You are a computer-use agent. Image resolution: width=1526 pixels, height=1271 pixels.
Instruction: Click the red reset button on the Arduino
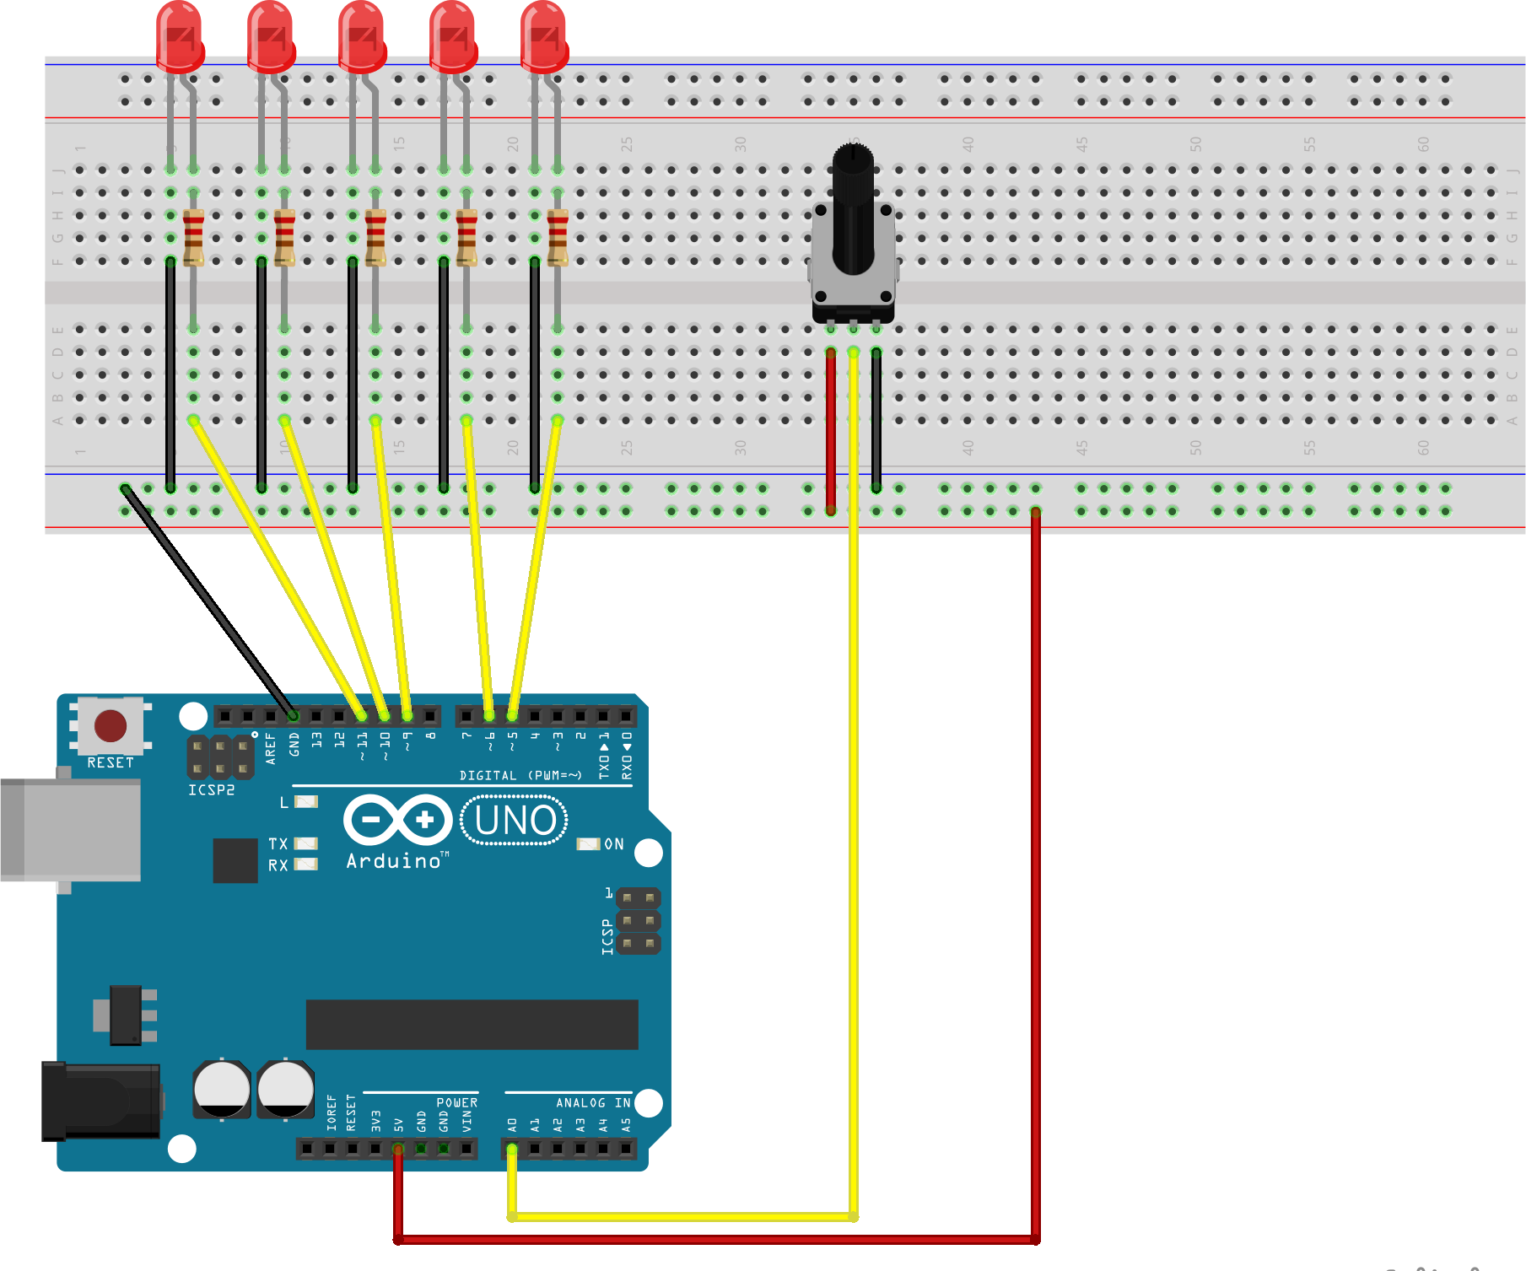coord(111,725)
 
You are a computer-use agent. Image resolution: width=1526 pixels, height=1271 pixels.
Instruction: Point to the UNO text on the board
coord(515,821)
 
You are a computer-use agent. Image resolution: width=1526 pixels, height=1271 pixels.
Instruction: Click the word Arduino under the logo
coord(394,861)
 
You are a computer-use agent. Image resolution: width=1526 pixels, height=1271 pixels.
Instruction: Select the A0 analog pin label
coord(512,1124)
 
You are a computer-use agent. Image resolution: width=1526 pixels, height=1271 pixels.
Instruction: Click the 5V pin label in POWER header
coord(398,1124)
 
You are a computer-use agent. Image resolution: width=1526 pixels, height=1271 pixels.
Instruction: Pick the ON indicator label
coord(614,844)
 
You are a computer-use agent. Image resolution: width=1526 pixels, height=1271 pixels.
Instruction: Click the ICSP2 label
coord(211,790)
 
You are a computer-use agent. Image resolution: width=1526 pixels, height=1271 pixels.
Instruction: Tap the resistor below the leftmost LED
coord(193,238)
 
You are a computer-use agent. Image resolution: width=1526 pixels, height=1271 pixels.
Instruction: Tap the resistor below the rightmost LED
coord(558,238)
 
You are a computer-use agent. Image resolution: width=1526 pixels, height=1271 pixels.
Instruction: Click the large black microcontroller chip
coord(472,1024)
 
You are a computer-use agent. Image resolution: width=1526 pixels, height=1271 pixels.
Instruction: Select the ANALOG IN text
coord(593,1102)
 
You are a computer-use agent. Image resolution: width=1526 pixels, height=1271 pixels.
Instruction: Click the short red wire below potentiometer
coord(831,430)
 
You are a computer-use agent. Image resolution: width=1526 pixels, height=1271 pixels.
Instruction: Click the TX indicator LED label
coord(278,843)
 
